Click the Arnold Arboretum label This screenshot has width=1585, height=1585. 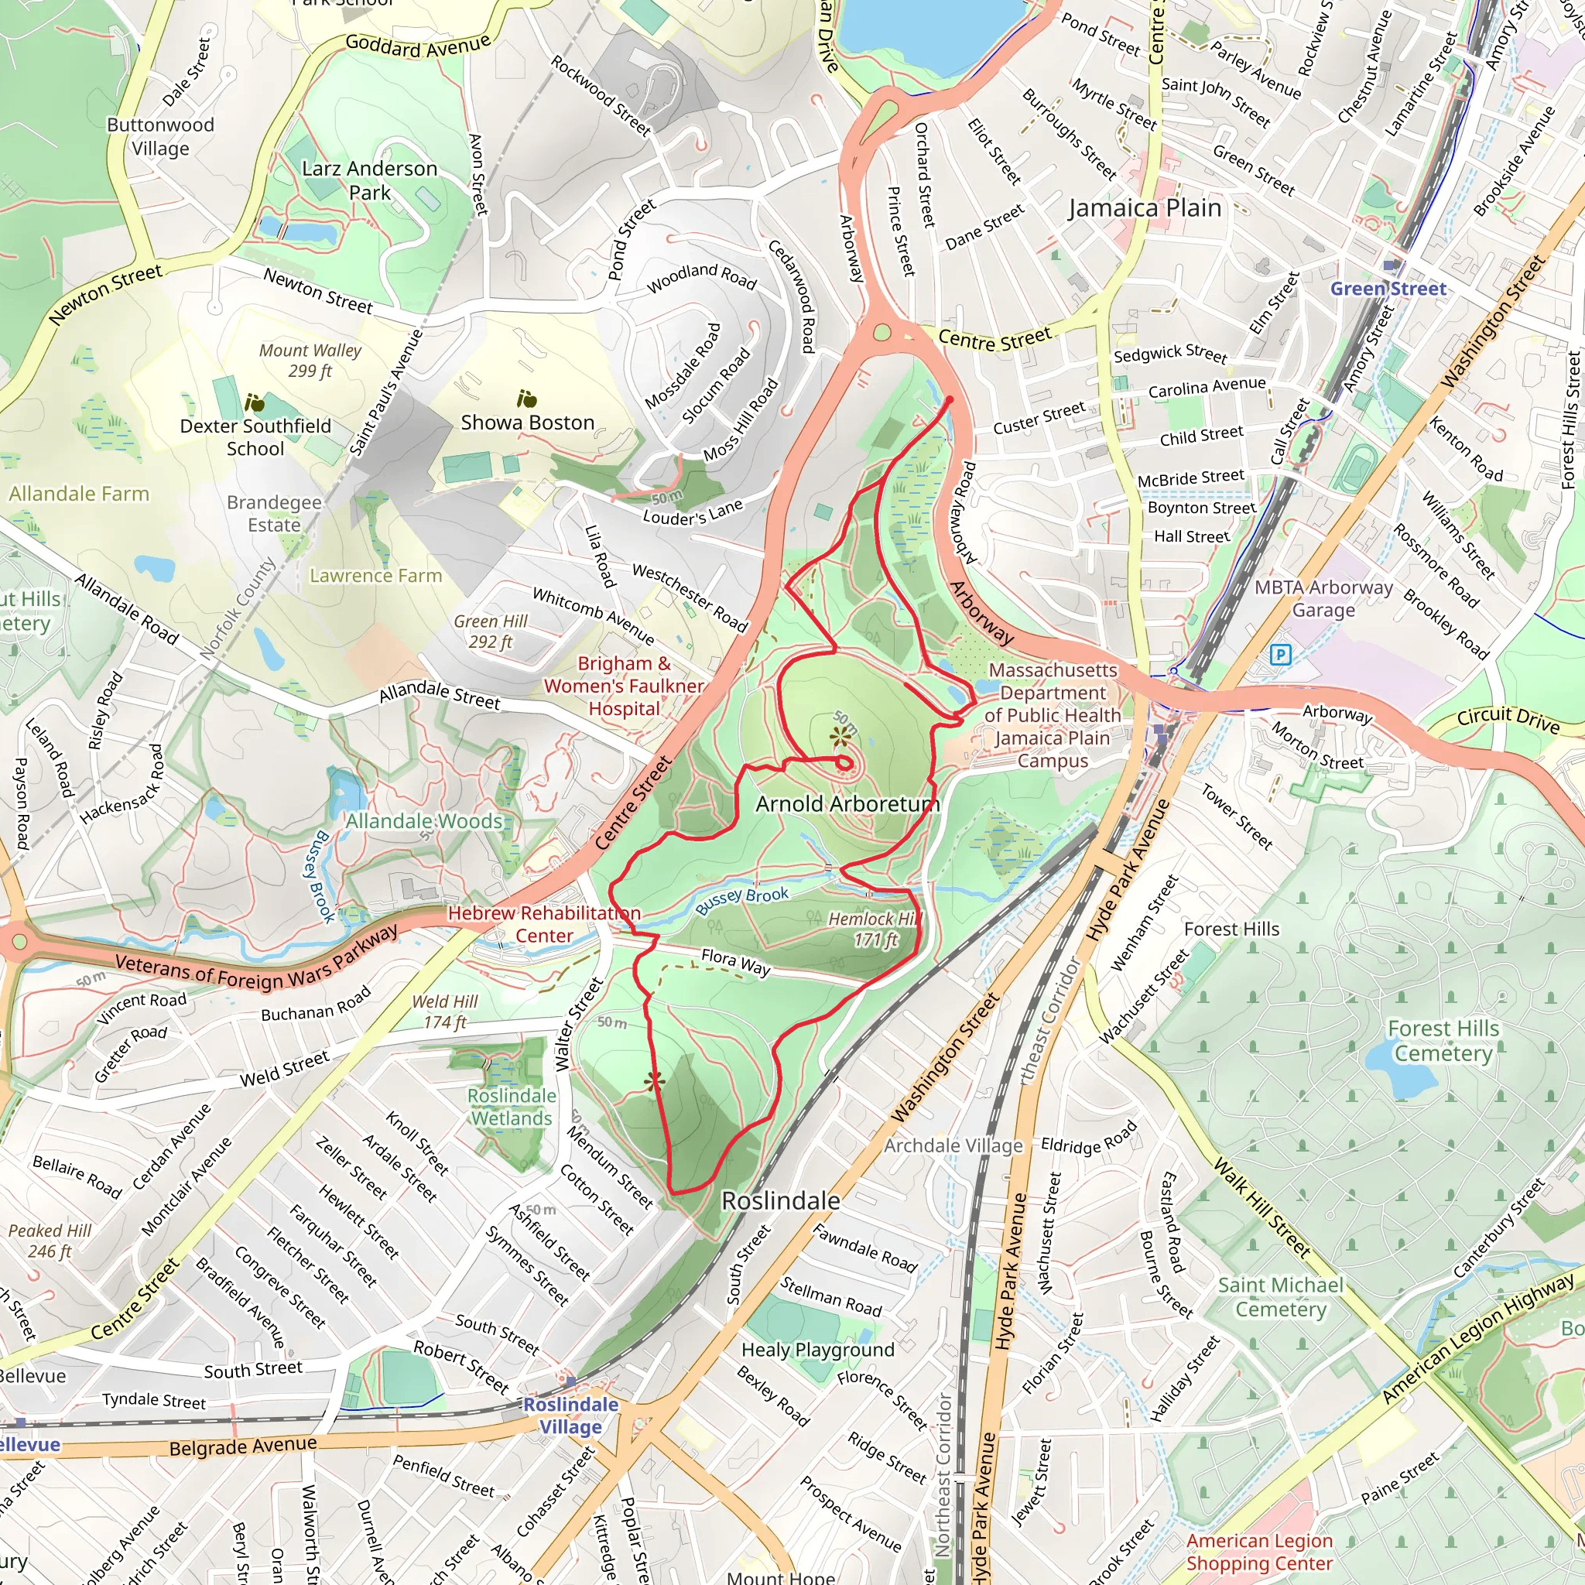(847, 804)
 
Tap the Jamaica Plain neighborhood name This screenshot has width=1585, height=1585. (1145, 208)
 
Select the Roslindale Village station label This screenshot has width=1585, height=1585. (571, 1416)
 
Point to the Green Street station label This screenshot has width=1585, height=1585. (1388, 289)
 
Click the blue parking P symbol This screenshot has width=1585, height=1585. (1280, 655)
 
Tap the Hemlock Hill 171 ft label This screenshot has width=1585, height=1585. (875, 929)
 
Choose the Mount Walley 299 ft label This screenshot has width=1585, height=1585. (310, 360)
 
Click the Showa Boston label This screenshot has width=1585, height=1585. (527, 423)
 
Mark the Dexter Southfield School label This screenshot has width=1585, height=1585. (255, 437)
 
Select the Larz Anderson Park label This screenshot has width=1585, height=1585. (369, 180)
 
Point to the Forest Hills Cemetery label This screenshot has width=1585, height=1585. (1443, 1040)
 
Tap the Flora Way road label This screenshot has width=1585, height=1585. (735, 961)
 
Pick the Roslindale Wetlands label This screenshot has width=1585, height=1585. (512, 1107)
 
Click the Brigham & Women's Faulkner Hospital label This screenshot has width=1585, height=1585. (624, 686)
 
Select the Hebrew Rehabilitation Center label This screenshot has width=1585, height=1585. (544, 924)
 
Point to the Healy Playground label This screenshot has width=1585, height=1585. (817, 1350)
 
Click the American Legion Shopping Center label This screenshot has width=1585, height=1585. (1259, 1552)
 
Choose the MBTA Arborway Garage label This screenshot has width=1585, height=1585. (1323, 598)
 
